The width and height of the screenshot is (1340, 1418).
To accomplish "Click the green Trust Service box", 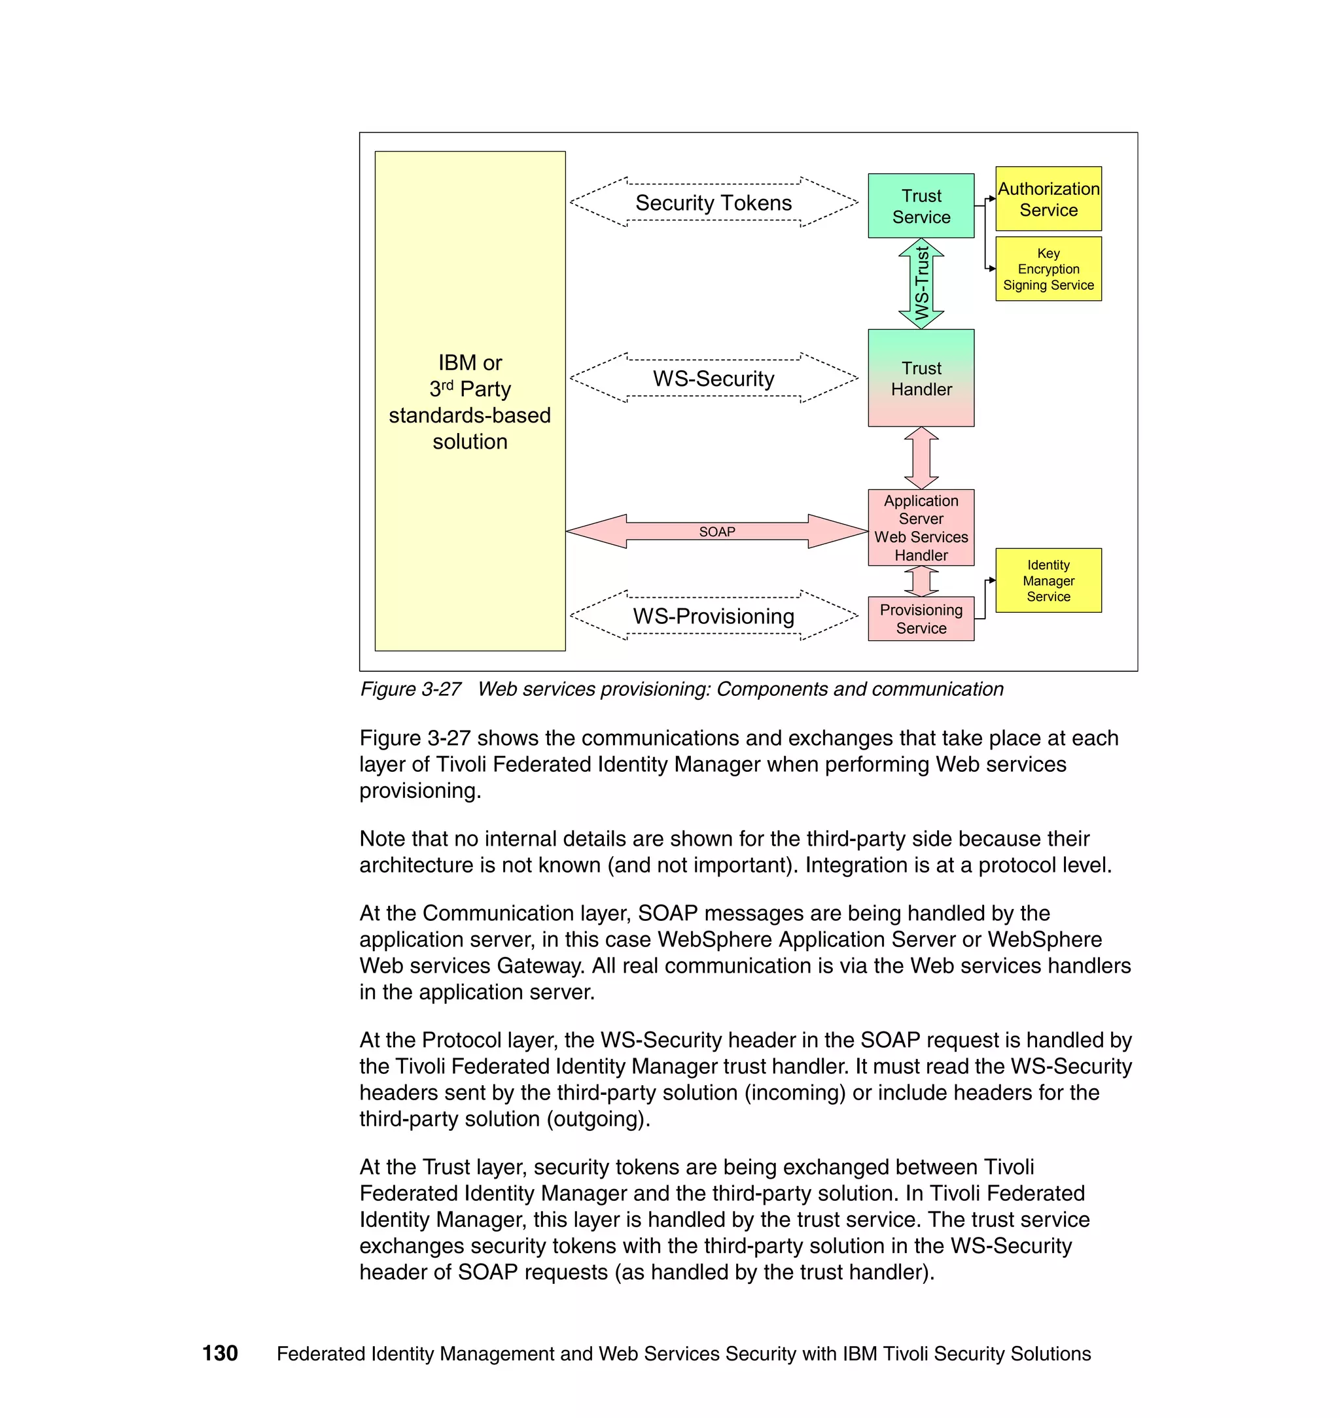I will coord(921,205).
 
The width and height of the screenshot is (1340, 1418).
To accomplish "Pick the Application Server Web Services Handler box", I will coord(921,527).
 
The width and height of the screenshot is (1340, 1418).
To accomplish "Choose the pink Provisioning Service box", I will coord(921,618).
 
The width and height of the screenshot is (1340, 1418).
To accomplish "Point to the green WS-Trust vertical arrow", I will coord(921,283).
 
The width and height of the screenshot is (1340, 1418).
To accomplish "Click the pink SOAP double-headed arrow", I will coord(716,531).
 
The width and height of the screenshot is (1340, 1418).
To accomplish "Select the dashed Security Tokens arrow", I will coord(714,203).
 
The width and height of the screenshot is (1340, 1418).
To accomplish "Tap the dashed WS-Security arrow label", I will coord(714,379).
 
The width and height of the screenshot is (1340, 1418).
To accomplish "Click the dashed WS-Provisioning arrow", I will coord(714,615).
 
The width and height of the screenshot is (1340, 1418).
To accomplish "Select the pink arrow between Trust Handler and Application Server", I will coord(921,458).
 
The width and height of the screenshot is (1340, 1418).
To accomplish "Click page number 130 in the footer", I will coord(220,1353).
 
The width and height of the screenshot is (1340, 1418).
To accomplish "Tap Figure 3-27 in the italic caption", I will coord(411,689).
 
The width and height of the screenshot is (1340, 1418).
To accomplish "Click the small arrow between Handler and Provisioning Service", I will coord(921,581).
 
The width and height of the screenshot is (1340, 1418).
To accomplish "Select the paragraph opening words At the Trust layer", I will coord(443,1167).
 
